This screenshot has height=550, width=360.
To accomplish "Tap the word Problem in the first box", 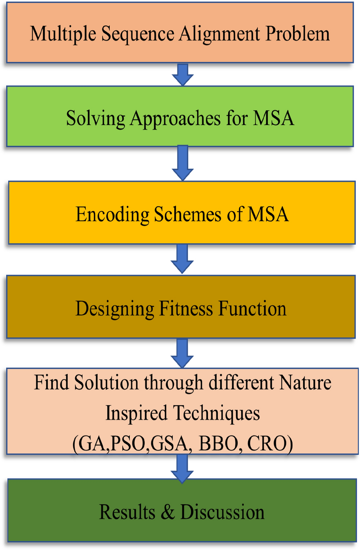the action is tap(298, 33).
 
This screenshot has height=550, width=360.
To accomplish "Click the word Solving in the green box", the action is tap(96, 119).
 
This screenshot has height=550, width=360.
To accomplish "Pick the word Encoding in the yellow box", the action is tap(112, 214).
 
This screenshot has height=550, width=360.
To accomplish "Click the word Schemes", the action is tap(188, 214).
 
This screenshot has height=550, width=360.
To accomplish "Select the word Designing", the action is tap(115, 309).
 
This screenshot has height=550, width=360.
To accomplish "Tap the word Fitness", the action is tap(186, 308).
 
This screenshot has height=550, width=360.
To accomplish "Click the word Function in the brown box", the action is tap(253, 308).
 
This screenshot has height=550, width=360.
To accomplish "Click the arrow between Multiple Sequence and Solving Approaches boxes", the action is tap(183, 75).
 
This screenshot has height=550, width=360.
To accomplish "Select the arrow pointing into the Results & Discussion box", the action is tap(182, 469).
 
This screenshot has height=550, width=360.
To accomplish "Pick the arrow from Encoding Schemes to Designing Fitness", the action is tap(182, 259).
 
